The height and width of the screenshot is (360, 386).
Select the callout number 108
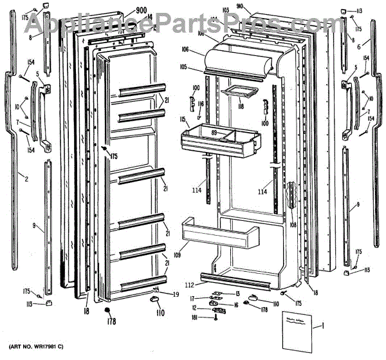coord(293,226)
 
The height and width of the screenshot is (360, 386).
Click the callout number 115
coord(183,119)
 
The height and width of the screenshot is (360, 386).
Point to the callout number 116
coord(201,104)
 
